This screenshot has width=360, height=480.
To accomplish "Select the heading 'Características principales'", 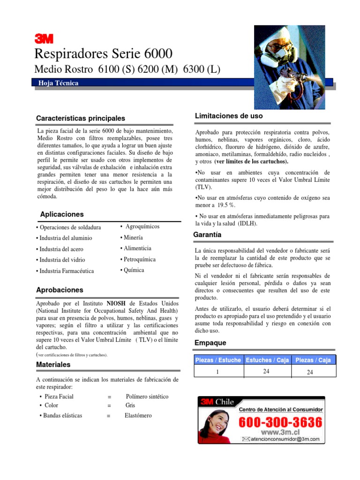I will coord(81,118).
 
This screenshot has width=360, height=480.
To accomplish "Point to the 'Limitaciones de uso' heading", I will coord(228,116).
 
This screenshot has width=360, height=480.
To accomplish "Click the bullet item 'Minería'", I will coord(132,238).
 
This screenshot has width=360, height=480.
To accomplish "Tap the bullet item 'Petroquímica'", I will coord(138,259).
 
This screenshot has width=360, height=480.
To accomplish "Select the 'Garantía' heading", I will coord(207,234).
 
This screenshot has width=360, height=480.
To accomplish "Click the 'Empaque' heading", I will coord(210,343).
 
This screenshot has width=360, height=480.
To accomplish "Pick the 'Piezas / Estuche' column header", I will coord(218,360).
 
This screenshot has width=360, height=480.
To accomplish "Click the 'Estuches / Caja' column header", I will coord(267,360).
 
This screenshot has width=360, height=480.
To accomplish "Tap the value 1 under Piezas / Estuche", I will coord(217,371).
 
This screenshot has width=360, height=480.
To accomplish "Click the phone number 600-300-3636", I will coord(281,422).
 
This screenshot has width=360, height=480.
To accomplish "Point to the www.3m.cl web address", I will coord(280,432).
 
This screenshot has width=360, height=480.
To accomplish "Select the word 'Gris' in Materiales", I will coord(130,405).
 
